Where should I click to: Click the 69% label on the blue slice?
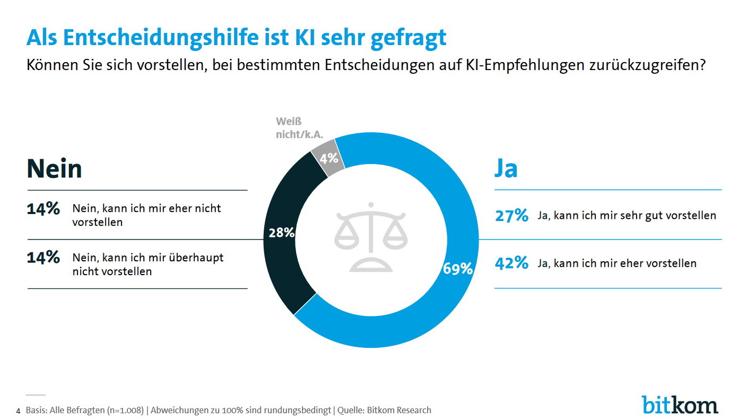(x=458, y=269)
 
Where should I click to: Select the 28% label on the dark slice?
(x=282, y=232)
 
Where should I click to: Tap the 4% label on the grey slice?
(x=329, y=157)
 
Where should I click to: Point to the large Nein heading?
(x=54, y=169)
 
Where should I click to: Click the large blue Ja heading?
(x=506, y=168)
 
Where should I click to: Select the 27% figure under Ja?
(x=511, y=216)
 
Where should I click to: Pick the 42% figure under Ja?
(x=511, y=263)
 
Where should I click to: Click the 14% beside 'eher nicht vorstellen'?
(x=44, y=209)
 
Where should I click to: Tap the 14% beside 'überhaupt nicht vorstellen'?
(x=44, y=258)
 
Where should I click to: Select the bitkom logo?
(x=680, y=405)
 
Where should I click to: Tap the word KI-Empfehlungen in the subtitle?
(x=533, y=66)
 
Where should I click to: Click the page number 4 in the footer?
(x=19, y=411)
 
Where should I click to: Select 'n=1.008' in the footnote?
(x=125, y=410)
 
